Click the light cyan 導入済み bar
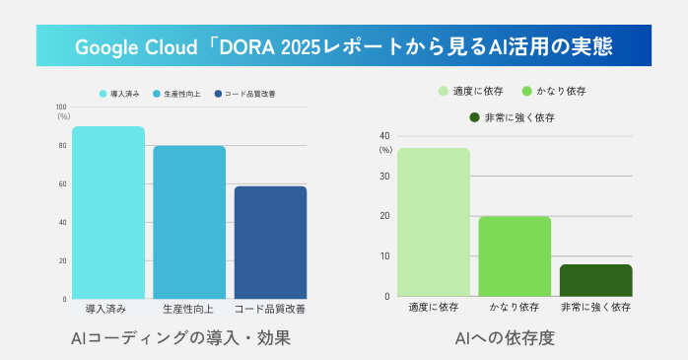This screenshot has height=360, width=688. (x=108, y=212)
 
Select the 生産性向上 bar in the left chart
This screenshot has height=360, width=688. (x=189, y=222)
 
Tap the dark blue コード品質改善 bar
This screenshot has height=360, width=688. (x=270, y=242)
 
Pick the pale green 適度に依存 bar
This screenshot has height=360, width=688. (x=434, y=222)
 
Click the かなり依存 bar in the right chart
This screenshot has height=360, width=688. (x=515, y=255)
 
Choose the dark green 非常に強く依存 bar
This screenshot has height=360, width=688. (x=595, y=279)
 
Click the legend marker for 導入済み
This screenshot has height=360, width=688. (x=103, y=94)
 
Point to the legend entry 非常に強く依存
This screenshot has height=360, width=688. (x=518, y=117)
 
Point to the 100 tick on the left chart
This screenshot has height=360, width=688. (x=61, y=107)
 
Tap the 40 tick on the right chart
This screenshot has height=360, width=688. (x=384, y=136)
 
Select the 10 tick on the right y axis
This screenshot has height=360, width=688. (x=384, y=256)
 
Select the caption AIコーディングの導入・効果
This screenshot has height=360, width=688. (x=181, y=338)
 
